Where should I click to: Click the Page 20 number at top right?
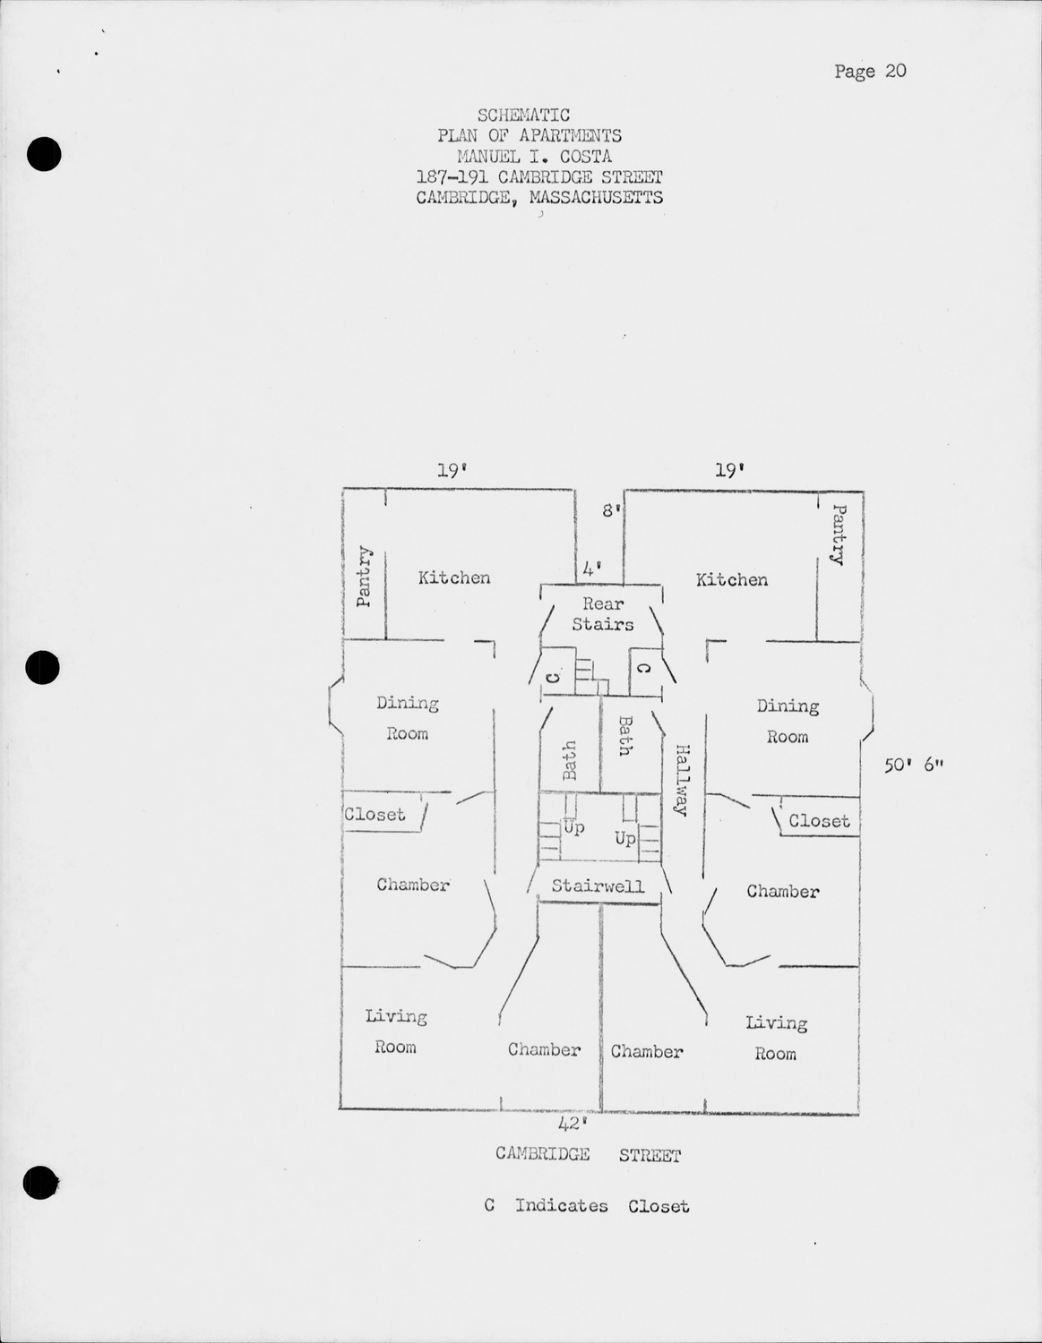point(870,71)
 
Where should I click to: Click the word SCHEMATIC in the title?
point(524,115)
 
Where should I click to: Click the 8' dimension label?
point(611,510)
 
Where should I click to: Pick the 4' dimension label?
point(590,568)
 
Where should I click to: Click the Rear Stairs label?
point(603,614)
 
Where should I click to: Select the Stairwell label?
point(598,886)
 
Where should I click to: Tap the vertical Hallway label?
point(682,779)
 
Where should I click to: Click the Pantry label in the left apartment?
point(363,576)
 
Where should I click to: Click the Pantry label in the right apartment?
point(839,535)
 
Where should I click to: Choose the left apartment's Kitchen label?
point(454,577)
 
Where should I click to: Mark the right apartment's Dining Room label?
point(788,721)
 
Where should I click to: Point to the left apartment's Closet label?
point(375,814)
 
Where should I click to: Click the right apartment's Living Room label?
point(776,1038)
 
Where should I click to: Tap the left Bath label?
point(569,760)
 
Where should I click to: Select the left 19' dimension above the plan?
point(453,469)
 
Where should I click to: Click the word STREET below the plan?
point(650,1155)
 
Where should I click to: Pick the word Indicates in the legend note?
point(561,1205)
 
